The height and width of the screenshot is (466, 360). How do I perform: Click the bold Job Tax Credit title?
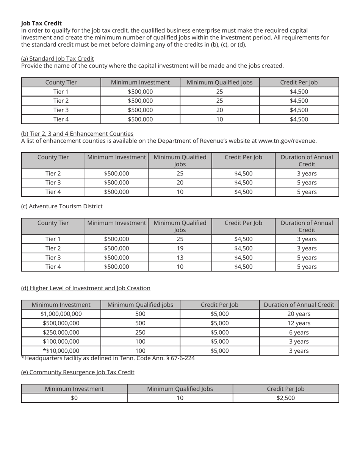coord(41,23)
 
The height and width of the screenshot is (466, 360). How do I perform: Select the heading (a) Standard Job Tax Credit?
coord(58,58)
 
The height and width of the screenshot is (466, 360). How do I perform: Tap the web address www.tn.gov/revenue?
coord(287,141)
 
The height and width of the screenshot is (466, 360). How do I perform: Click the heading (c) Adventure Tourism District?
coord(62,206)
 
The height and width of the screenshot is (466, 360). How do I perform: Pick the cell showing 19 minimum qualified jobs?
coord(180,249)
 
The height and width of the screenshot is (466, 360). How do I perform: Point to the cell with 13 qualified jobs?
coord(180,258)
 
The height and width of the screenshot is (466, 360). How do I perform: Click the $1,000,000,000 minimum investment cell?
coord(61,314)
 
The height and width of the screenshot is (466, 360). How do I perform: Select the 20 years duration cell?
coord(299,314)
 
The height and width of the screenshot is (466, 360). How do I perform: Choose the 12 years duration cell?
coord(299,323)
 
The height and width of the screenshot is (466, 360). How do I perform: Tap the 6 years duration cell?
coord(299,332)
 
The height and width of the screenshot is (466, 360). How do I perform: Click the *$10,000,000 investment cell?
coord(61,351)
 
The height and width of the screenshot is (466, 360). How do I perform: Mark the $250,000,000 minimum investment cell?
coord(61,332)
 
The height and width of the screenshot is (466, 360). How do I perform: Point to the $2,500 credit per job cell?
coord(285,398)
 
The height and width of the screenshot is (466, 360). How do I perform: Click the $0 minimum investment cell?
coord(74,398)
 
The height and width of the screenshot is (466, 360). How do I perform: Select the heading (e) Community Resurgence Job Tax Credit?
coord(78,372)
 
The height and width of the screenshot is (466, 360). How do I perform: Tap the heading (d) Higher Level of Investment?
coord(86,288)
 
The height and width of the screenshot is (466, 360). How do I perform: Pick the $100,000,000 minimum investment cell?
coord(61,341)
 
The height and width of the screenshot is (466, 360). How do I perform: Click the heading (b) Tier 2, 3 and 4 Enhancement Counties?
coord(77,134)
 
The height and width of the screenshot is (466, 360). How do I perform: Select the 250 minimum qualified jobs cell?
coord(140,332)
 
